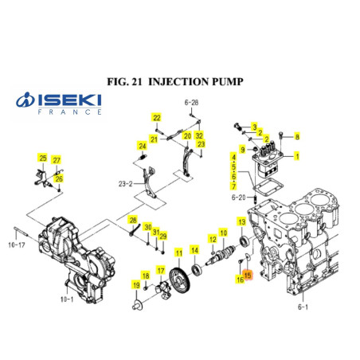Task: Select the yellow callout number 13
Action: [x=241, y=221]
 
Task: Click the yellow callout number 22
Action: [x=157, y=118]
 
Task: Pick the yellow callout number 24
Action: [x=143, y=145]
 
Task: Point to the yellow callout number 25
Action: [x=43, y=159]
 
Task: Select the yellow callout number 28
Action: [x=134, y=220]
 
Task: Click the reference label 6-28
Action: [x=191, y=103]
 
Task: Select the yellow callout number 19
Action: [x=137, y=285]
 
